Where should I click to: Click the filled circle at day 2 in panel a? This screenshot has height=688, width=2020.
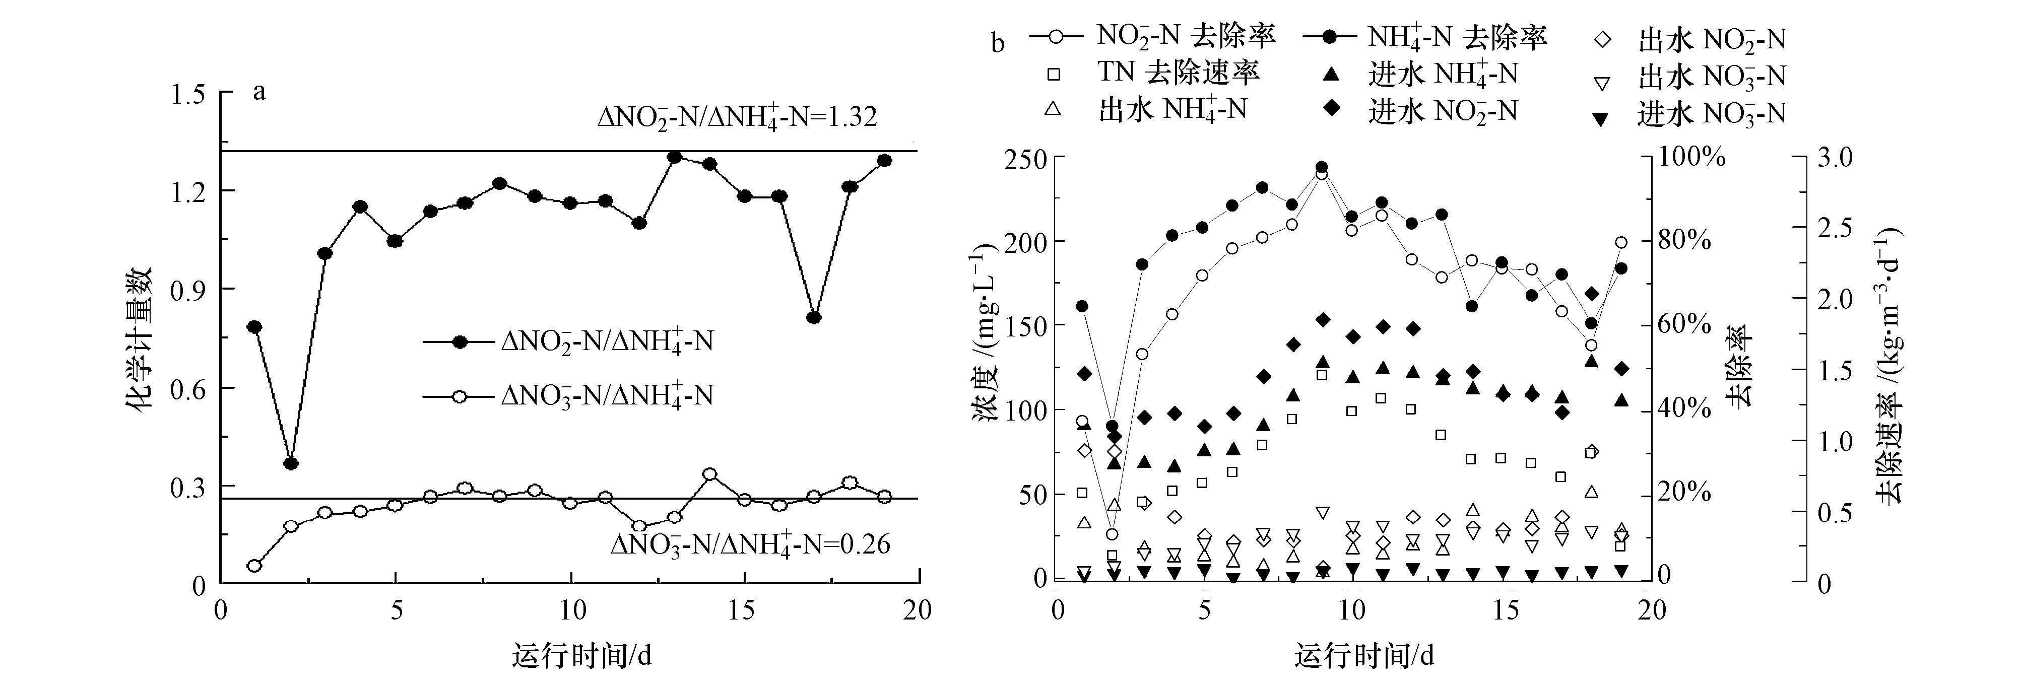click(x=291, y=464)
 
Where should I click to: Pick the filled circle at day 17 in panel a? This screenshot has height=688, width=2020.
click(x=813, y=317)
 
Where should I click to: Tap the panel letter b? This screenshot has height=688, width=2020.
click(x=998, y=43)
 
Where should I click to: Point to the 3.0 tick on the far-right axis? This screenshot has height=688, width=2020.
click(x=1835, y=157)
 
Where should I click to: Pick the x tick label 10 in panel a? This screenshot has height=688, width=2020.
click(x=572, y=609)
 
